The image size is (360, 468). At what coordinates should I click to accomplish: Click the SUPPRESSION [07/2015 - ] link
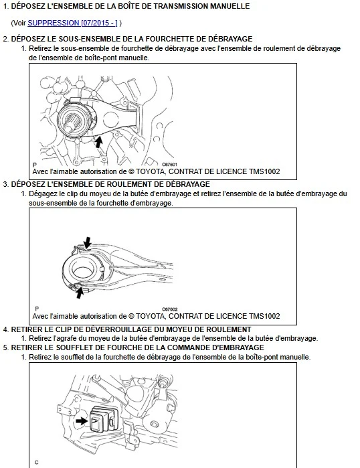(72, 23)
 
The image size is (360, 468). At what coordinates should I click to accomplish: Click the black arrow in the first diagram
(98, 141)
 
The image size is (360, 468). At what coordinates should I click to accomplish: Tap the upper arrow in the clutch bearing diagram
(87, 242)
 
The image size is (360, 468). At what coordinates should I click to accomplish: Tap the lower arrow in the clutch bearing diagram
(80, 292)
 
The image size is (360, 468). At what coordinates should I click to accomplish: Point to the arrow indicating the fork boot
(82, 421)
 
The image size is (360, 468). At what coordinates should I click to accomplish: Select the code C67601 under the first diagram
(169, 165)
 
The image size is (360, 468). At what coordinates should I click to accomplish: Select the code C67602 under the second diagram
(169, 309)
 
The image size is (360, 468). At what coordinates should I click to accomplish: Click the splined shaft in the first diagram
(71, 124)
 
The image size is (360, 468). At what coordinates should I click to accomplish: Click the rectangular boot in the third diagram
(102, 418)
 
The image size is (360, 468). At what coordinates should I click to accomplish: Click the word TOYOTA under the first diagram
(151, 171)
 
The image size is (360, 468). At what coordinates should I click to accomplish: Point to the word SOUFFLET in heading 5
(74, 347)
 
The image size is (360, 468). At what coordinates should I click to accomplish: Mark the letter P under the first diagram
(35, 165)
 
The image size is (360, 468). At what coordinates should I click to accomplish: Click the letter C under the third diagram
(36, 463)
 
